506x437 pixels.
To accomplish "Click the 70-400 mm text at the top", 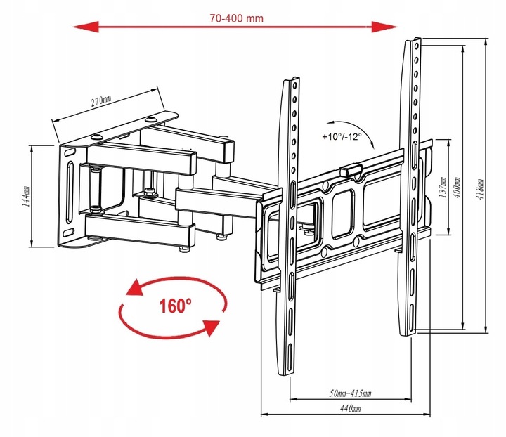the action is coord(237,18).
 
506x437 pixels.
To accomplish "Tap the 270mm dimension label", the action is coord(101,100).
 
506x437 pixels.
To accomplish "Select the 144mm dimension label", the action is coord(27,196).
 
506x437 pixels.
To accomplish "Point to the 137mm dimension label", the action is coord(443,187).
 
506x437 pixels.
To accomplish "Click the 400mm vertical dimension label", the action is coord(458,187).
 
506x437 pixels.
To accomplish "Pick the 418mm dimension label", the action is coord(481,189).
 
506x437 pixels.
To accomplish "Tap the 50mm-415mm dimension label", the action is coord(350,393).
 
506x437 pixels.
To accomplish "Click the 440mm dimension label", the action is coord(351,408).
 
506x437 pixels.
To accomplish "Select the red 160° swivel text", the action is coord(175,306).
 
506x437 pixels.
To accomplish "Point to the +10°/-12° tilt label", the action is coord(342,136).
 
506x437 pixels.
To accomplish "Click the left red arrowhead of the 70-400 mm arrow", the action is coord(86,27).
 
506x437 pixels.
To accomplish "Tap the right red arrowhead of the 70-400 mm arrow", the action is coord(384,27).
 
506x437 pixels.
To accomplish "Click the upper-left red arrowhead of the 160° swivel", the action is coord(135,287).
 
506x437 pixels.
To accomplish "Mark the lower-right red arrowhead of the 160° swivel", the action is coord(211,327).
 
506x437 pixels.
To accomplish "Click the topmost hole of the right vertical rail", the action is coord(417,46).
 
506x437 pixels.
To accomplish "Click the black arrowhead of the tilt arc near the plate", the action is coord(372,145).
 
